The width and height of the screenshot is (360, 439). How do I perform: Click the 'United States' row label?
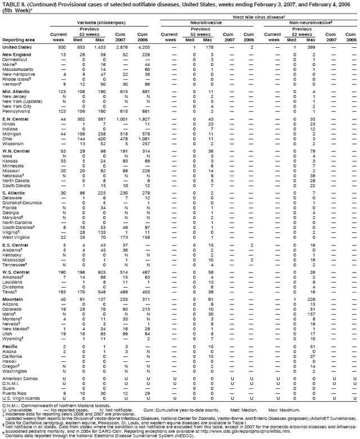click(x=17, y=47)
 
